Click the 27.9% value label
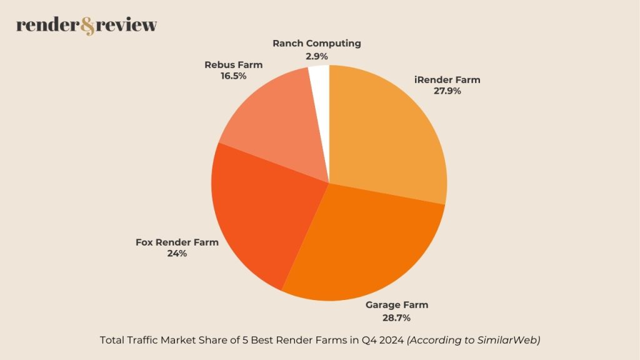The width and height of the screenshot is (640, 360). (x=447, y=91)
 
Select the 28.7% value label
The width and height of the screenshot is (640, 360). (x=397, y=318)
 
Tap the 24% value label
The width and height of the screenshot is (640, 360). (x=177, y=254)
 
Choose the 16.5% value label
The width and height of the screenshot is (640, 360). (x=234, y=76)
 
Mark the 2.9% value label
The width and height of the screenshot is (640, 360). (x=317, y=56)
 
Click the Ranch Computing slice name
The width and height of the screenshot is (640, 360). (x=317, y=44)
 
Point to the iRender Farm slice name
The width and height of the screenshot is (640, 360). (x=447, y=79)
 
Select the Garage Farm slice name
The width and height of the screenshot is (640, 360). (x=397, y=305)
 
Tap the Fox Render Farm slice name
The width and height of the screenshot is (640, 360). (x=177, y=242)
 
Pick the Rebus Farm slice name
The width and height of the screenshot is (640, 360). (x=234, y=64)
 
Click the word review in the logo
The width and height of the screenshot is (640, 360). (x=128, y=26)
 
